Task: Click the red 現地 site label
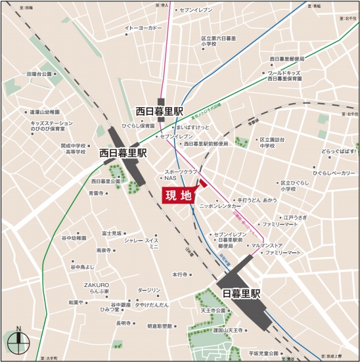(178, 196)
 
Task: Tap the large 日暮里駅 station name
(241, 293)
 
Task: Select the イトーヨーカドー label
(143, 28)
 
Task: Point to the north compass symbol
(18, 340)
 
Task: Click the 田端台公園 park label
(39, 74)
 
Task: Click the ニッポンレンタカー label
(220, 206)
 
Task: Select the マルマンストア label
(261, 246)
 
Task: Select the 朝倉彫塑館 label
(160, 326)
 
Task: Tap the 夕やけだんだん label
(152, 305)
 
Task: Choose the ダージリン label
(149, 290)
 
